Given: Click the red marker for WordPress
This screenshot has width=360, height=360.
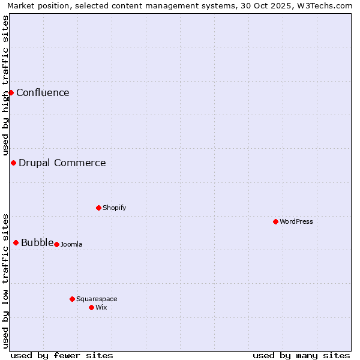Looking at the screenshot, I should [275, 221].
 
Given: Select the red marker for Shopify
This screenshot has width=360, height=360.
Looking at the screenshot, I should [98, 208].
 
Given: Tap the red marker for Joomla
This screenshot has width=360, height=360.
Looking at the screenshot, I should [56, 244].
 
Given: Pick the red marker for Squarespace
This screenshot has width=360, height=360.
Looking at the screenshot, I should [72, 299].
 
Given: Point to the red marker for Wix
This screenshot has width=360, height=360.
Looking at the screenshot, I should [91, 307].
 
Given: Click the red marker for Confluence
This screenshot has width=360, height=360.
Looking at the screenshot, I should [11, 92].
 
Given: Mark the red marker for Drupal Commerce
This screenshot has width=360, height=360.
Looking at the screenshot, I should [13, 163].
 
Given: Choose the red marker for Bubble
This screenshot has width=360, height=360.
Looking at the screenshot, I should [16, 242].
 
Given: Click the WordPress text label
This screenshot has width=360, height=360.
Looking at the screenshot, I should [296, 221].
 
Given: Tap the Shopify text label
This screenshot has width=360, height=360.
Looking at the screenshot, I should [114, 208].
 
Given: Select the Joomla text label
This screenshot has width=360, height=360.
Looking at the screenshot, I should [71, 244].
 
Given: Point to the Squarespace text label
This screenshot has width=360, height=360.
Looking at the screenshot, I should [97, 299].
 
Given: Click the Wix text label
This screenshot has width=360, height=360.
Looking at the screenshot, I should [101, 307].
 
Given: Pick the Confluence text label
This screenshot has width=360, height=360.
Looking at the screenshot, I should [43, 92].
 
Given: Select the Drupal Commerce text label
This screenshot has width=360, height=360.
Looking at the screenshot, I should [62, 163].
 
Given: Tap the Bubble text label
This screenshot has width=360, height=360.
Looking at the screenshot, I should [37, 242].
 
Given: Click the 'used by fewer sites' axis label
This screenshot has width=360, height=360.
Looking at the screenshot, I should [62, 355].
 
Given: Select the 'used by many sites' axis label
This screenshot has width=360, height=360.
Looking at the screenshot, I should [301, 355].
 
